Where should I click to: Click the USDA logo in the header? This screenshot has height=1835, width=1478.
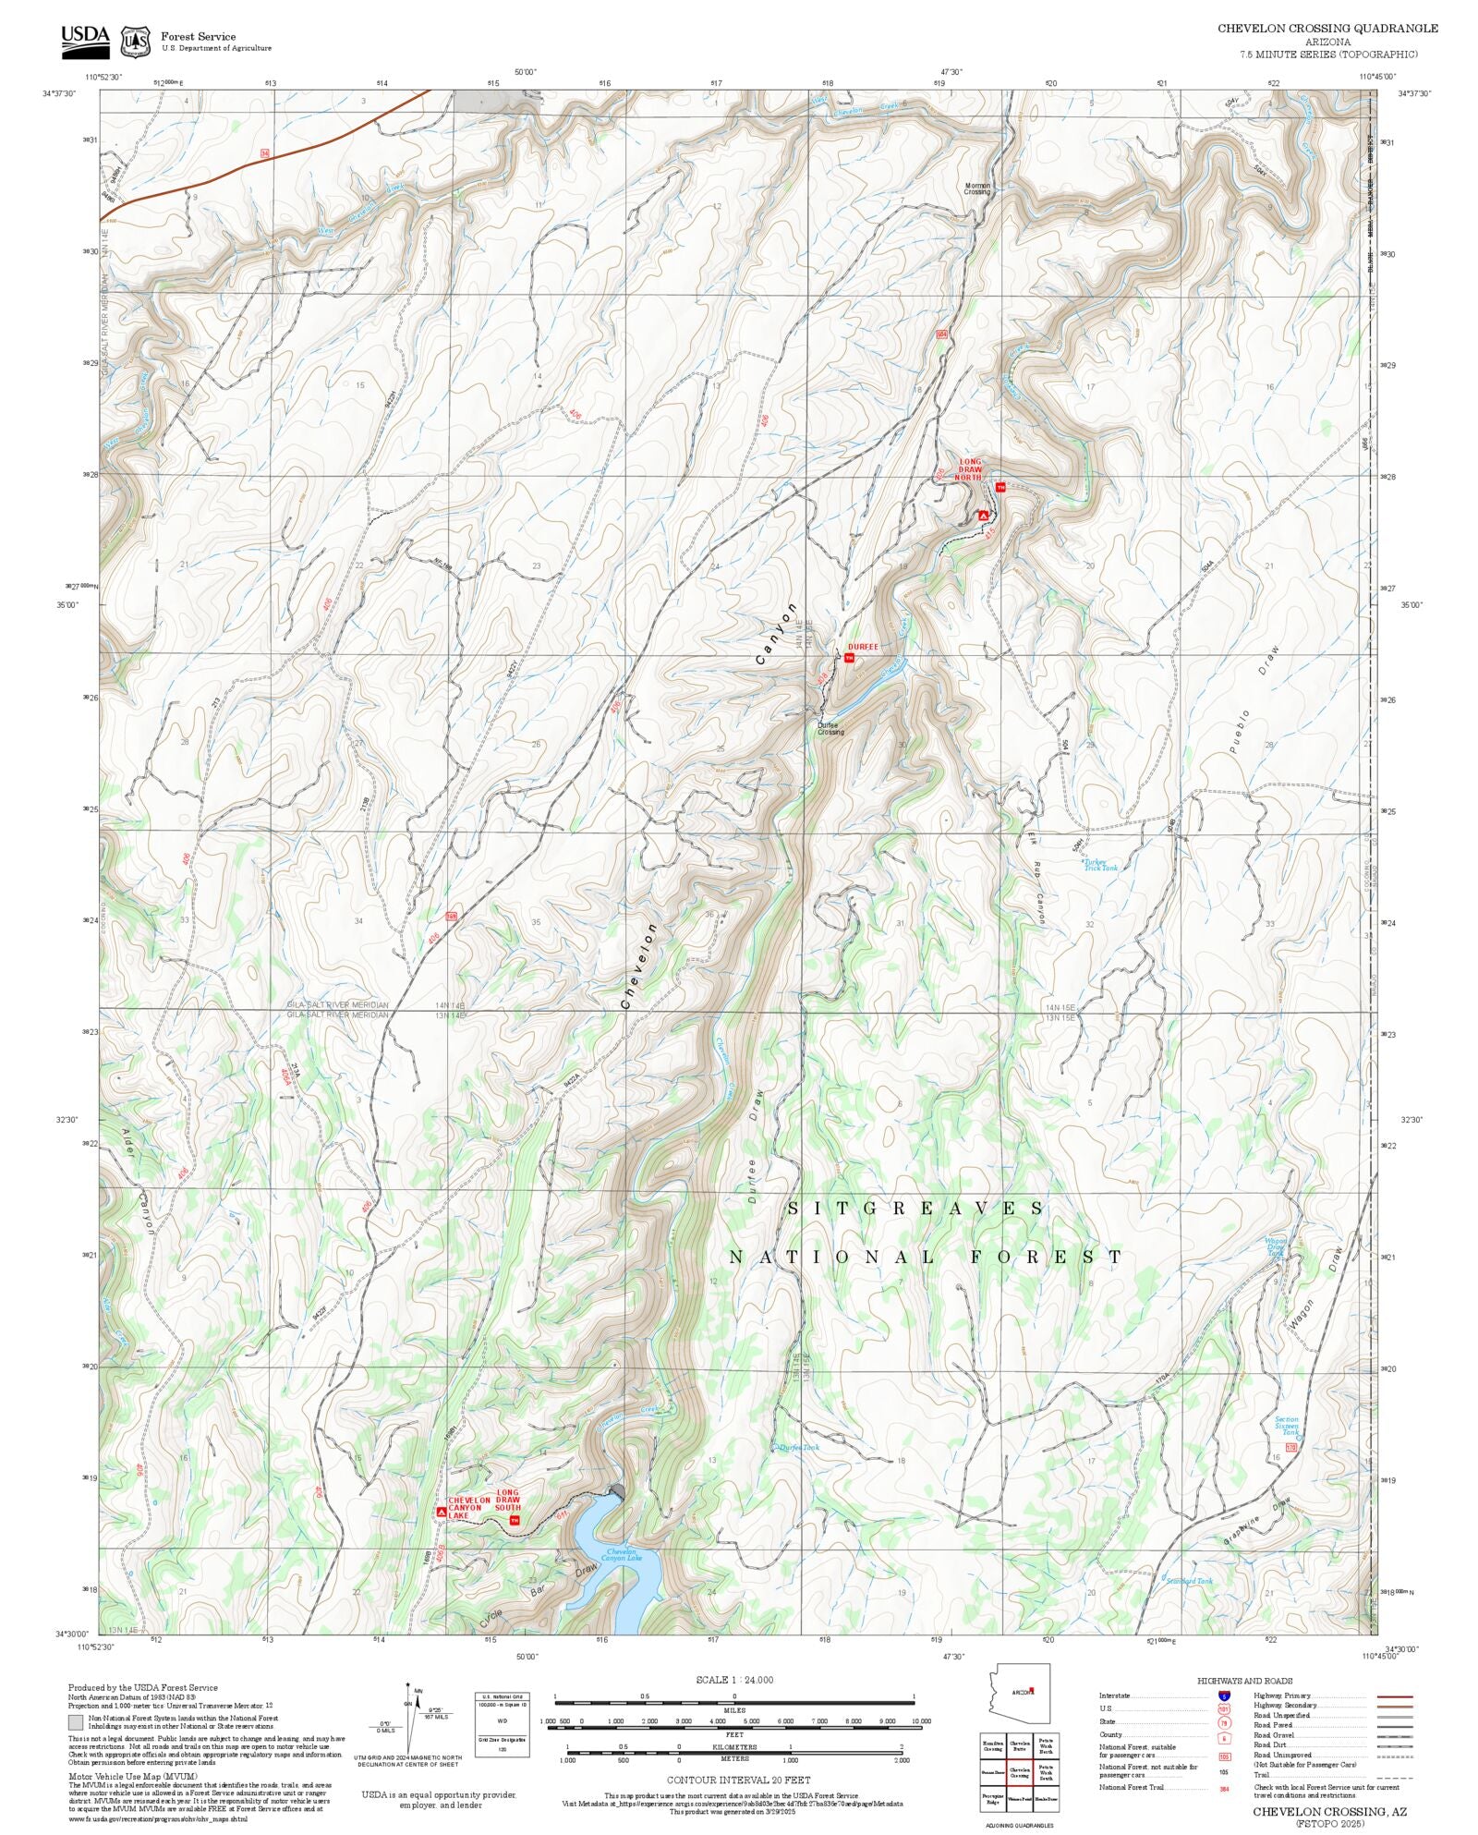(x=85, y=41)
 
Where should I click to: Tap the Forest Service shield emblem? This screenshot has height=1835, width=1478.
(x=136, y=42)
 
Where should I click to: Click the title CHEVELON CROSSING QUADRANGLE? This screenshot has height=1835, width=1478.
(x=1327, y=29)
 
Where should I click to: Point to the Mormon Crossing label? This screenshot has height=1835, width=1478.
(x=977, y=188)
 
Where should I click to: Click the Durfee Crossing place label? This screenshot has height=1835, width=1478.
(x=830, y=729)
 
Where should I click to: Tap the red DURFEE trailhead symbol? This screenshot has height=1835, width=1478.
(x=849, y=658)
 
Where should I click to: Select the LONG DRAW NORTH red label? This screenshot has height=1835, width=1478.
(x=969, y=469)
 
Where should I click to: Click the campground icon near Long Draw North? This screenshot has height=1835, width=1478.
(x=984, y=515)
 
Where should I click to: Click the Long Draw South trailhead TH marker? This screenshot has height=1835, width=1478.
(x=515, y=1520)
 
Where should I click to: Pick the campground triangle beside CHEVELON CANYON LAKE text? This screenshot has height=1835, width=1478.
(x=441, y=1512)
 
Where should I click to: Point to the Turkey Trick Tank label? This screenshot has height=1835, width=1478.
(x=1100, y=866)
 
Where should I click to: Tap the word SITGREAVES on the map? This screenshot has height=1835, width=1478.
(x=915, y=1209)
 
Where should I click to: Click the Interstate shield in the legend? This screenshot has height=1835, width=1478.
(x=1224, y=1696)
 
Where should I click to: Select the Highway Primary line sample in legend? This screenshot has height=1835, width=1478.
(x=1395, y=1696)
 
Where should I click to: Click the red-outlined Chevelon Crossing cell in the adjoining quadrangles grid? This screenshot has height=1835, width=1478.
(x=1020, y=1773)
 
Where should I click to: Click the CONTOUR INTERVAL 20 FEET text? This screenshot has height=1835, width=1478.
(x=738, y=1780)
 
